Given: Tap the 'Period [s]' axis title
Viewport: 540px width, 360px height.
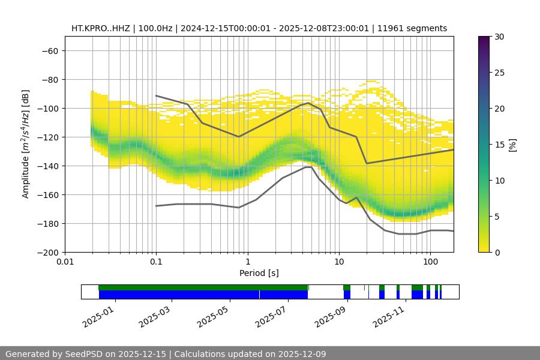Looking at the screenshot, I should pos(259,274).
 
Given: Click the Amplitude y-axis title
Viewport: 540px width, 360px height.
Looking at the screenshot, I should pos(25,144).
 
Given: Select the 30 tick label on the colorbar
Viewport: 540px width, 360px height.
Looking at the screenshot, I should pos(499,37).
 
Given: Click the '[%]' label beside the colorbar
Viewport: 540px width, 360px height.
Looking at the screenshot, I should pos(513,145).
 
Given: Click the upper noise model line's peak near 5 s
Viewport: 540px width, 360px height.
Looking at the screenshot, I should pos(308,103).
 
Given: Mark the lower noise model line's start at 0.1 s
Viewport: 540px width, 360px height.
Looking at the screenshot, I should pos(156,206).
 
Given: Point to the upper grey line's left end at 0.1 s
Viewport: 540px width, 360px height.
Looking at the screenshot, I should pos(156,95).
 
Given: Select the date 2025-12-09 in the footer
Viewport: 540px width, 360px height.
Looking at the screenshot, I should pos(298,354).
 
